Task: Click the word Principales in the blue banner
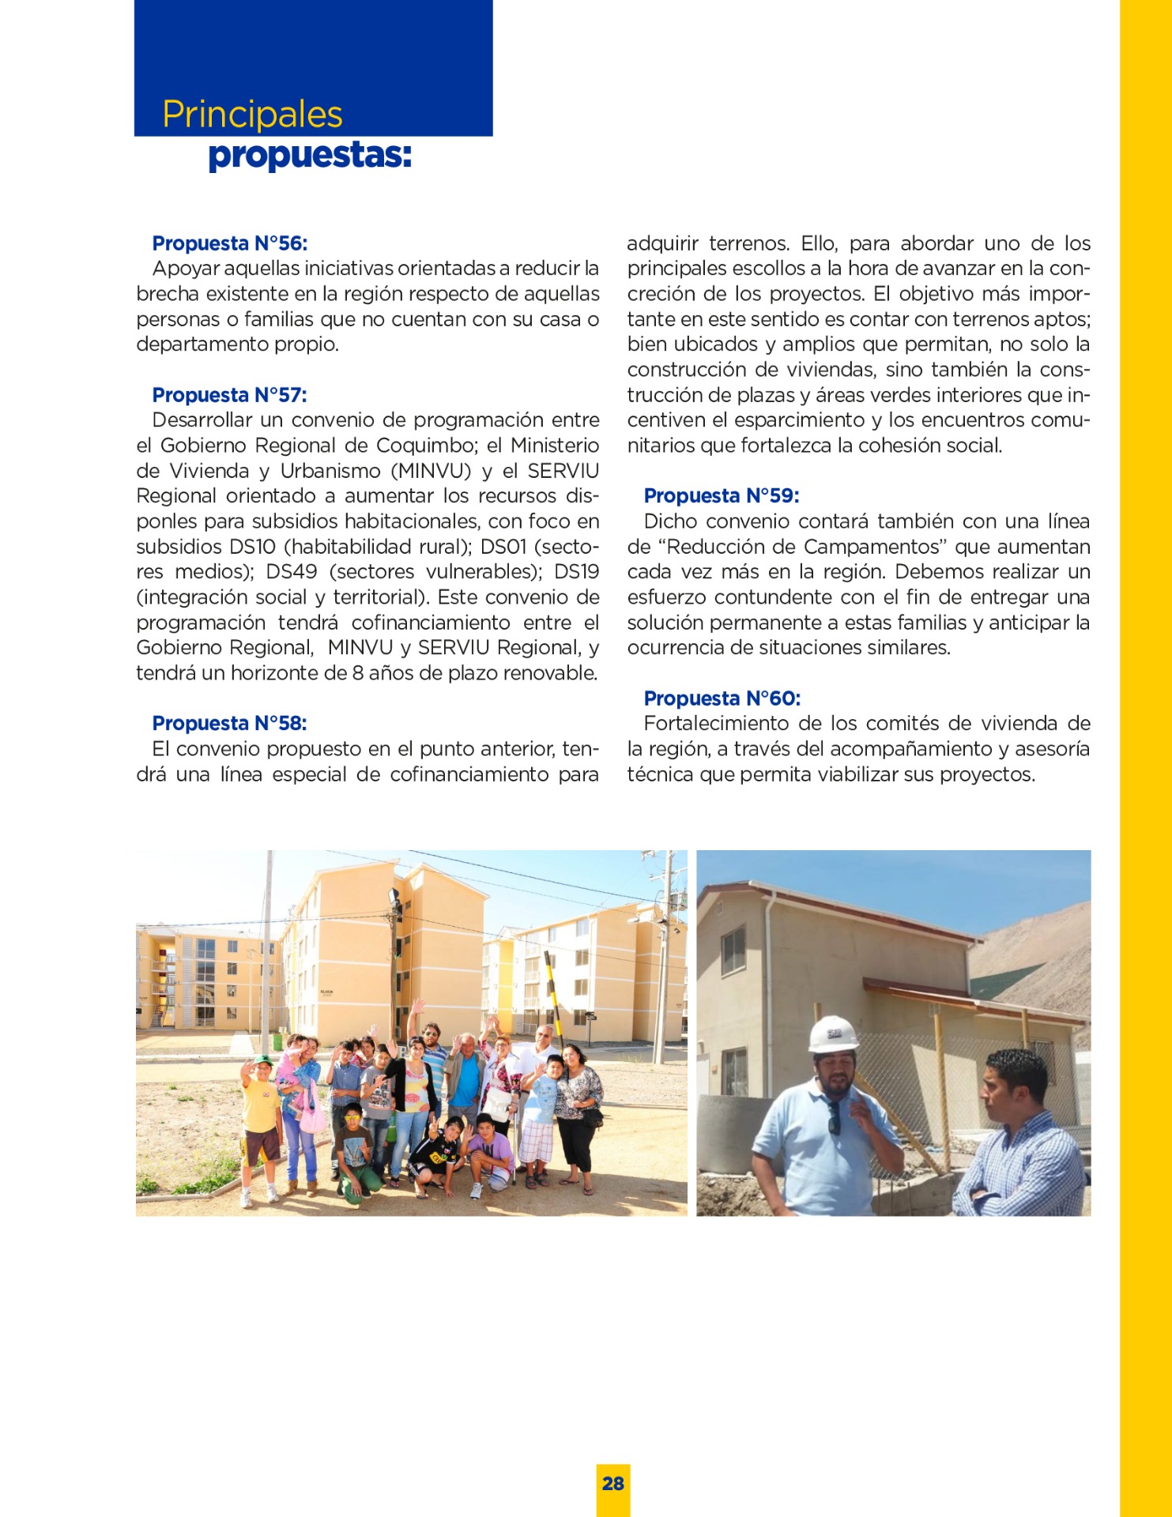pos(252,115)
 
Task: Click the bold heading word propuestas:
pos(309,156)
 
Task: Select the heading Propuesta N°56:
pos(229,243)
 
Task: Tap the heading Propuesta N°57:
pos(229,395)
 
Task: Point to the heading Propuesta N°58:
pos(229,723)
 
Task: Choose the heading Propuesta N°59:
pos(721,495)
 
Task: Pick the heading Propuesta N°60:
pos(722,698)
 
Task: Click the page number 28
pos(613,1483)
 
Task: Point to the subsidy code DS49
pos(292,572)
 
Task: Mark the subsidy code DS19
pos(576,572)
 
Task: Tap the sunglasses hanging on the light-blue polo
pos(835,1117)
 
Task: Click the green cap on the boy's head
pos(262,1060)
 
